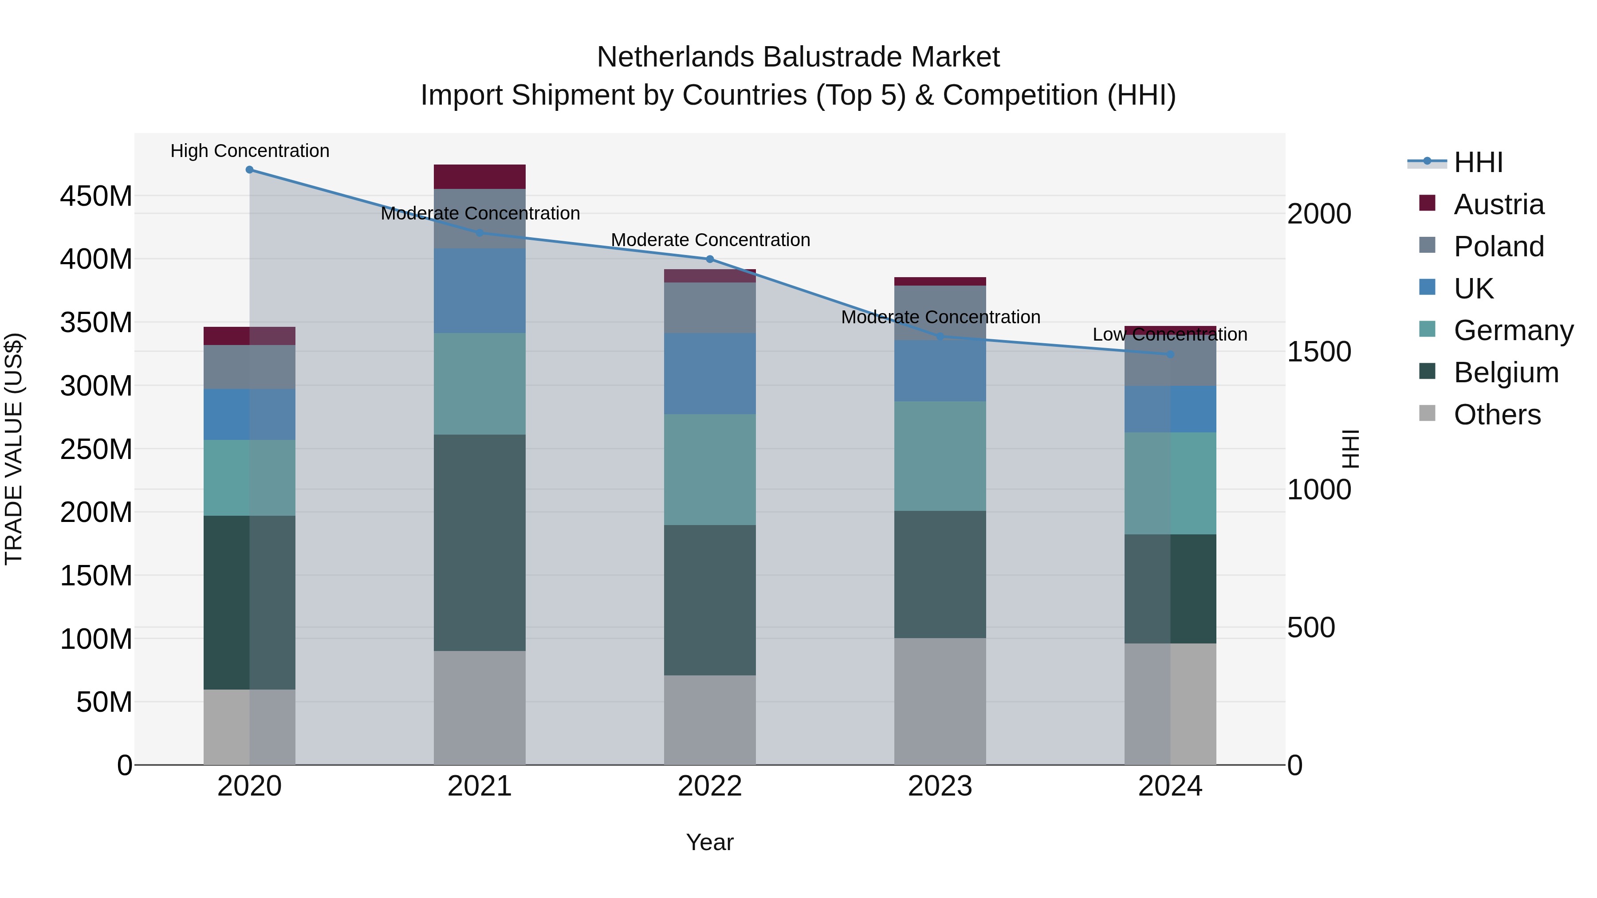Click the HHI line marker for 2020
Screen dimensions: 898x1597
pos(249,169)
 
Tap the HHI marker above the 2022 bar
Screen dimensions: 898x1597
pos(710,259)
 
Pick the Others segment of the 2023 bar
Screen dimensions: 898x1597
pos(940,701)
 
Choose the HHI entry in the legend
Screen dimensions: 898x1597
pos(1478,162)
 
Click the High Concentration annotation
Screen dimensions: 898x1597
pos(250,151)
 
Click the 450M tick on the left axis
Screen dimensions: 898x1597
pos(96,196)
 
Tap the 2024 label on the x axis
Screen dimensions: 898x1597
pos(1170,786)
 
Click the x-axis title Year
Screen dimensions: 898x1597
pos(710,842)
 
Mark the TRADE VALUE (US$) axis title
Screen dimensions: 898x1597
pos(14,449)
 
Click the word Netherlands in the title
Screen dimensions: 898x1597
pos(675,57)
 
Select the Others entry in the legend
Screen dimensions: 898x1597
pos(1497,415)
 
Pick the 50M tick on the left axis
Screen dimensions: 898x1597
pos(104,702)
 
